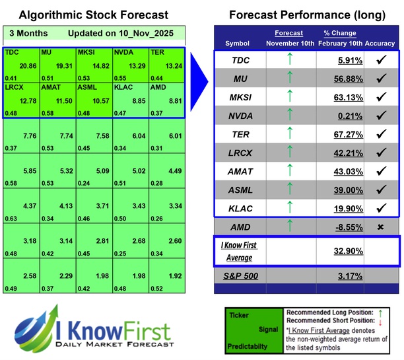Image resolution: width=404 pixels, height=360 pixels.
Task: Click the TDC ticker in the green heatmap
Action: point(12,51)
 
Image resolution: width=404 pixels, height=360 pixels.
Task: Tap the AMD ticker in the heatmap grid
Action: point(157,87)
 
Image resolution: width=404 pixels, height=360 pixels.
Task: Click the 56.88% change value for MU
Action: point(340,79)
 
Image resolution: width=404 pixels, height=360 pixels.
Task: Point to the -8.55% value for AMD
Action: point(340,227)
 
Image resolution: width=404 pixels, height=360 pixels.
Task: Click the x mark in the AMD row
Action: point(381,227)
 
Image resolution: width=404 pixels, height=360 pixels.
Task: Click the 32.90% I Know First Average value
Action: point(340,251)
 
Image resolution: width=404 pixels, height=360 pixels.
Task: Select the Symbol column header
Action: point(238,43)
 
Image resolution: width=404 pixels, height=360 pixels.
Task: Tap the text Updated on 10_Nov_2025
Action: point(119,33)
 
